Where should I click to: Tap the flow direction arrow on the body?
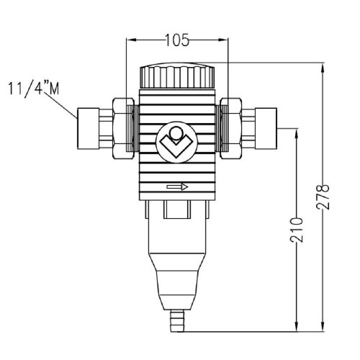click(x=177, y=187)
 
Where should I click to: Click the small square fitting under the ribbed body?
click(x=177, y=210)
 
